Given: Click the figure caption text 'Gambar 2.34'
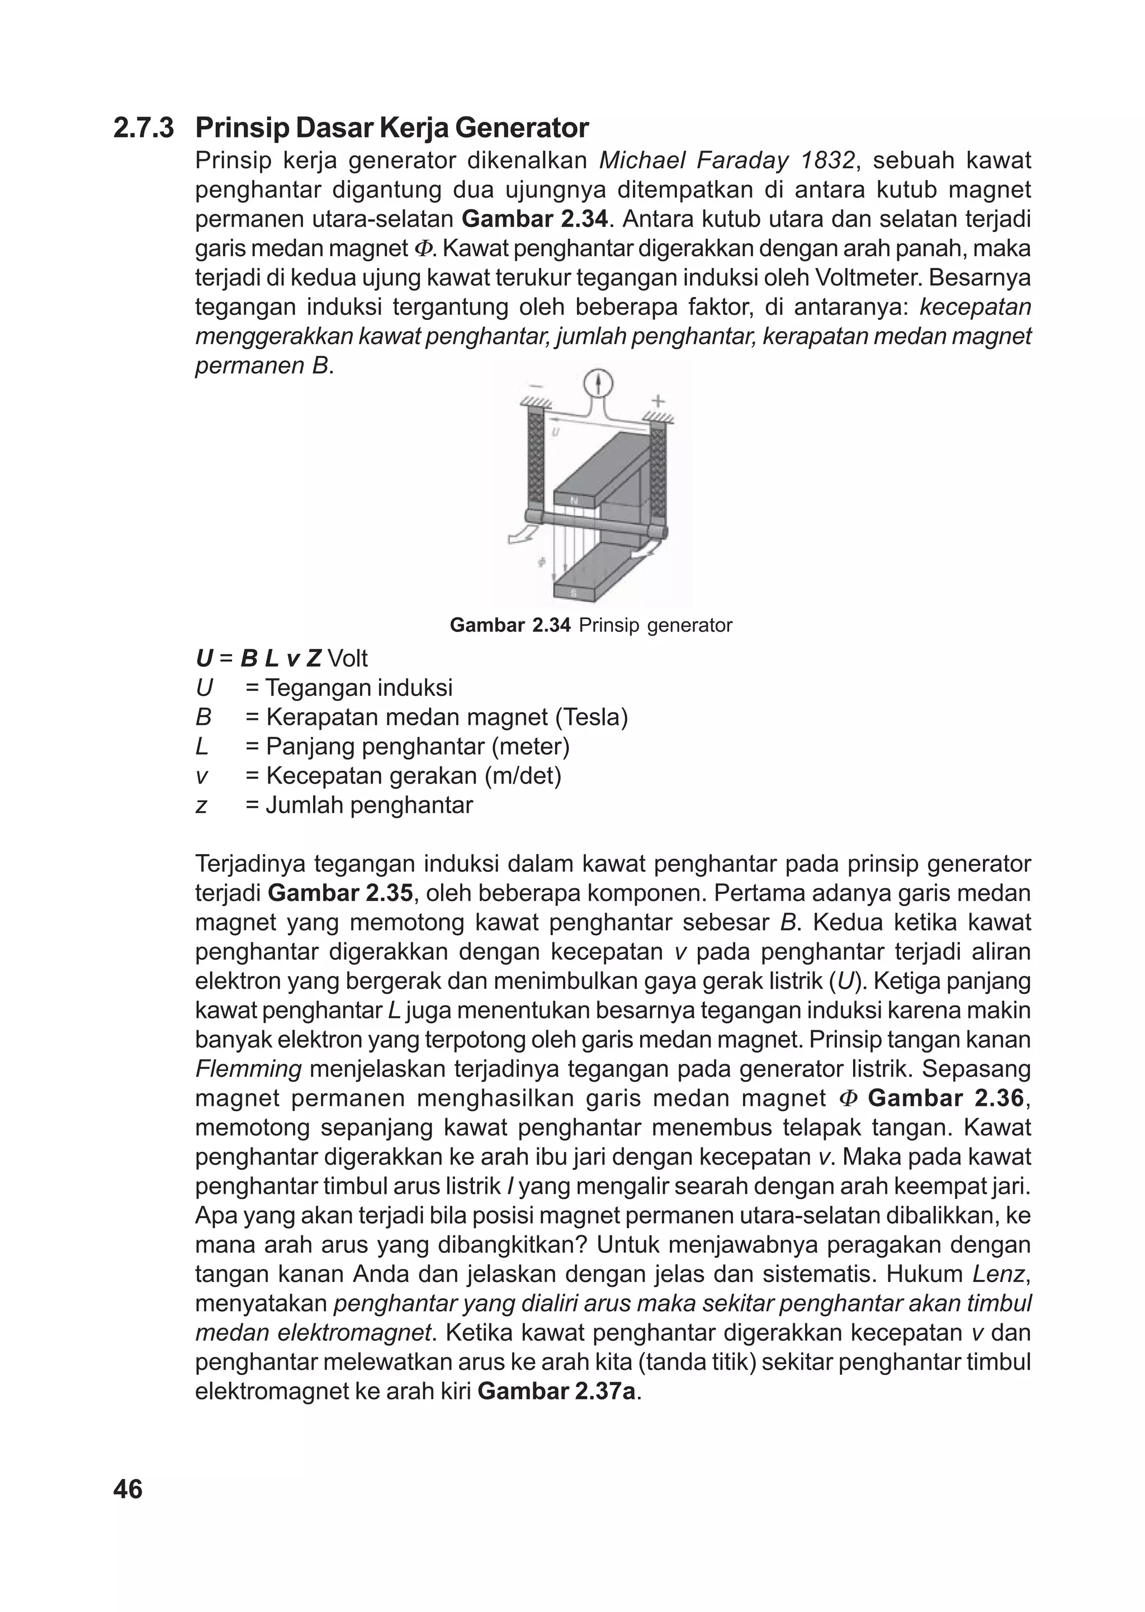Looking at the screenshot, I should pyautogui.click(x=510, y=625).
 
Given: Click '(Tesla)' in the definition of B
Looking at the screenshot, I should pyautogui.click(x=592, y=717).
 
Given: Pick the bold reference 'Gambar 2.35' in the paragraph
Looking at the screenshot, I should pyautogui.click(x=340, y=893).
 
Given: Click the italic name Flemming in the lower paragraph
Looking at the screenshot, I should pyautogui.click(x=248, y=1069).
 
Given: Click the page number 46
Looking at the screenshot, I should pyautogui.click(x=127, y=1490).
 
